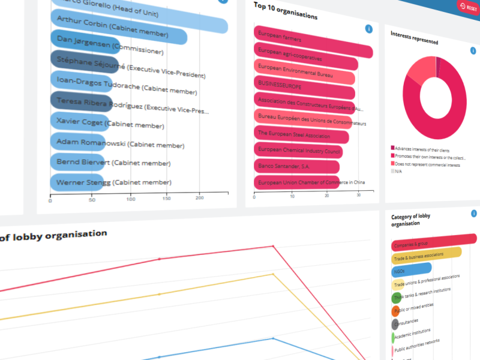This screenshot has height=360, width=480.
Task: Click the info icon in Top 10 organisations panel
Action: coord(369,29)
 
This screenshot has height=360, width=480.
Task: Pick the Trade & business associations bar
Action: coord(427,256)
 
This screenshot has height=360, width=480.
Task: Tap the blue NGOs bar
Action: coord(412,269)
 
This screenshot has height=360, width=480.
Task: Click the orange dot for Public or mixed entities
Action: coord(395,311)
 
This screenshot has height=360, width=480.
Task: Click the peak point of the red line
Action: coord(273,245)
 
